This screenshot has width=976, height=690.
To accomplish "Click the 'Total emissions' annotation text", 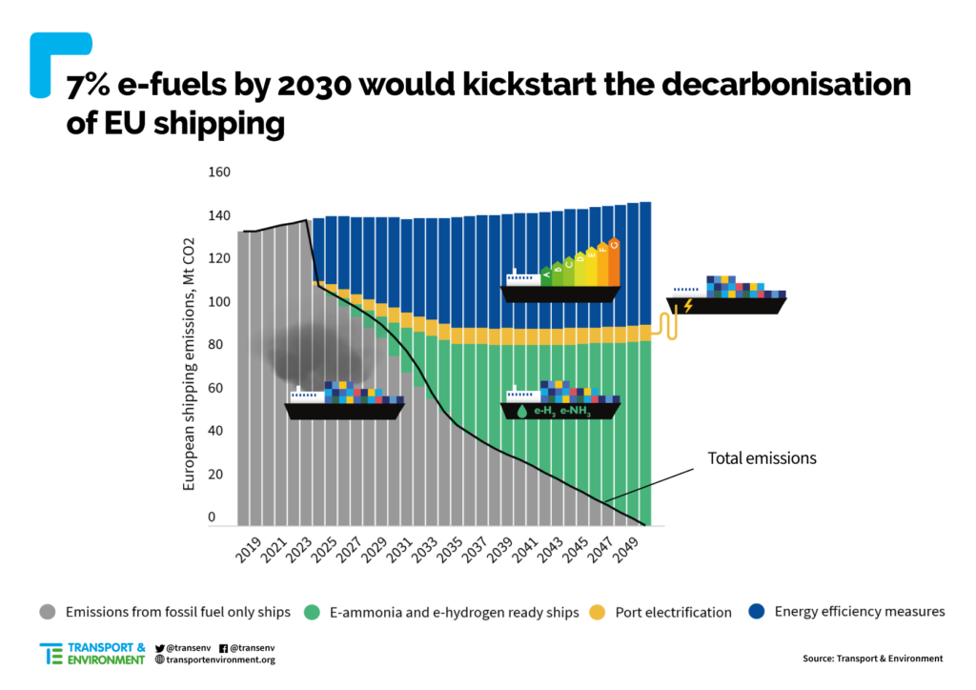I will (762, 457).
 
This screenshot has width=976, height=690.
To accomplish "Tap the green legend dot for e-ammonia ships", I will (312, 612).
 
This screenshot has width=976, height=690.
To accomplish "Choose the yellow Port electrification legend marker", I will (598, 612).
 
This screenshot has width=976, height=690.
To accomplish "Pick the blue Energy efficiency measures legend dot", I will (758, 612).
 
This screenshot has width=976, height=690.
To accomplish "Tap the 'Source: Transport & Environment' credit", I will (872, 658).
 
